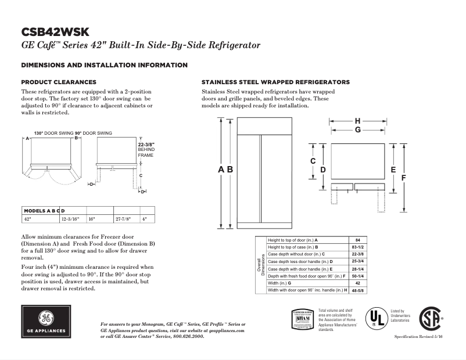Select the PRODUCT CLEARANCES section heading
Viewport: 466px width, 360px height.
pyautogui.click(x=59, y=82)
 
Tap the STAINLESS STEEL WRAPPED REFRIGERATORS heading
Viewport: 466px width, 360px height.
pyautogui.click(x=275, y=82)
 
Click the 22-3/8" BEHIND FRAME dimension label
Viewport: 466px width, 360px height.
pyautogui.click(x=145, y=150)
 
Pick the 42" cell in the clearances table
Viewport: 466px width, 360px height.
pyautogui.click(x=27, y=219)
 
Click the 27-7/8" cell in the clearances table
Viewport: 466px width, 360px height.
pyautogui.click(x=123, y=219)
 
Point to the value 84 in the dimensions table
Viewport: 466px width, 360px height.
pyautogui.click(x=358, y=240)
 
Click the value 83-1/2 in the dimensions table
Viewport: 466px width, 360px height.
pyautogui.click(x=358, y=247)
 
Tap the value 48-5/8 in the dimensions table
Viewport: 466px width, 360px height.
pyautogui.click(x=358, y=290)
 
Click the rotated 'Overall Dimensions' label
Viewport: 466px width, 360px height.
pyautogui.click(x=261, y=265)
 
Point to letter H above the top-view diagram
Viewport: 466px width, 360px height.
pyautogui.click(x=357, y=121)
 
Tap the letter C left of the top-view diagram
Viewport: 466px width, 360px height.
pyautogui.click(x=313, y=160)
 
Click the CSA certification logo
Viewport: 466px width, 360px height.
pyautogui.click(x=430, y=319)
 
